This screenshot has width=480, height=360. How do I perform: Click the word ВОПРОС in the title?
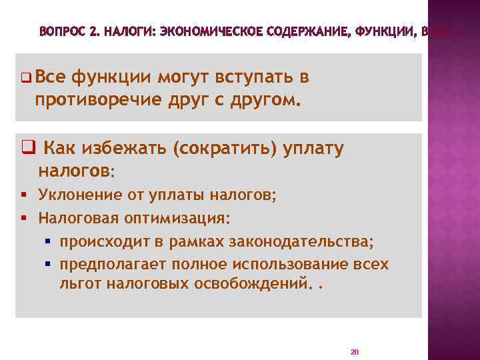point(61,31)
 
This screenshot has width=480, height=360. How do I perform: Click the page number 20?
point(354,351)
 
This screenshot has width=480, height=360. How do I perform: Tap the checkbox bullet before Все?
point(25,78)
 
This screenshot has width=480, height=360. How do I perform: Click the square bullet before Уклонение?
point(25,195)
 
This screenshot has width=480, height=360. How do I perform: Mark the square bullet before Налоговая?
point(25,218)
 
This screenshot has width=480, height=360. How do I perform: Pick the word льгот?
point(76,285)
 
